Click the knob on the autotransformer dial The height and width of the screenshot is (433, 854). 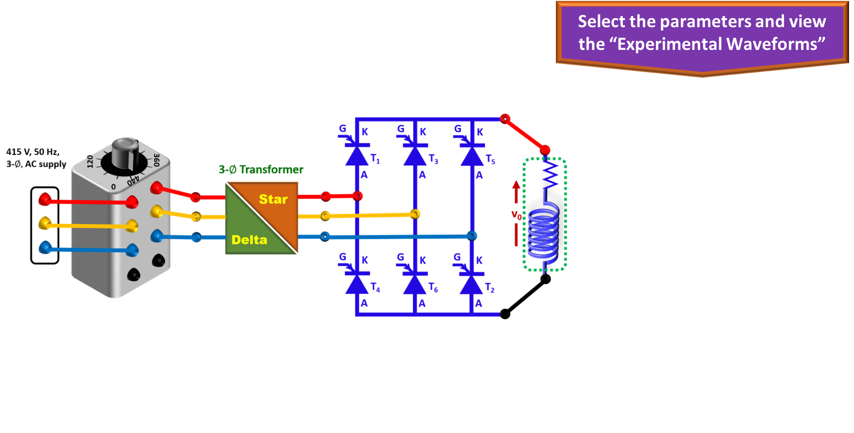[x=125, y=152]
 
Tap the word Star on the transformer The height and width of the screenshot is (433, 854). [x=273, y=199]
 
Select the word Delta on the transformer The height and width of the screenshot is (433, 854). [x=249, y=239]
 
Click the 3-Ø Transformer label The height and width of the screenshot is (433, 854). [x=261, y=169]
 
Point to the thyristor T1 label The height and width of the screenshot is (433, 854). [x=375, y=159]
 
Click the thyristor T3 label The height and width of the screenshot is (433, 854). [x=433, y=159]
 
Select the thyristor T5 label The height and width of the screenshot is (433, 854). [x=490, y=159]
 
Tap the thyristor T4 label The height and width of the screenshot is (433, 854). [x=375, y=287]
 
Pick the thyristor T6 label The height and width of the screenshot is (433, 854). [x=433, y=288]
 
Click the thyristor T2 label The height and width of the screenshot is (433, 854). [x=490, y=288]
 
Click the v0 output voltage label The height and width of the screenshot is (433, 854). [x=516, y=214]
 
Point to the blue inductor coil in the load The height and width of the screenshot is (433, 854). [x=543, y=234]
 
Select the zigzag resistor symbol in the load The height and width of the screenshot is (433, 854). [x=550, y=175]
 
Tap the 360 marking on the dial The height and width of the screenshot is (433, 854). [x=156, y=160]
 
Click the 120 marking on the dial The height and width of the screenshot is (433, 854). [x=90, y=161]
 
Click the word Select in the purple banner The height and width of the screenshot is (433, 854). [x=602, y=21]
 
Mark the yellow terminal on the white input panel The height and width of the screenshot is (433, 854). [x=44, y=223]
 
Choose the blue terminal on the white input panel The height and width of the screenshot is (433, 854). [x=44, y=247]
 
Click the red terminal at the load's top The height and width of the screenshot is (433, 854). [x=545, y=149]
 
